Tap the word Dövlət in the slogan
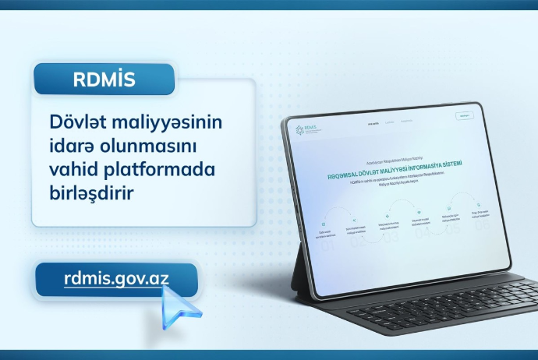point(75,123)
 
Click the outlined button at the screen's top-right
point(465,115)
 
